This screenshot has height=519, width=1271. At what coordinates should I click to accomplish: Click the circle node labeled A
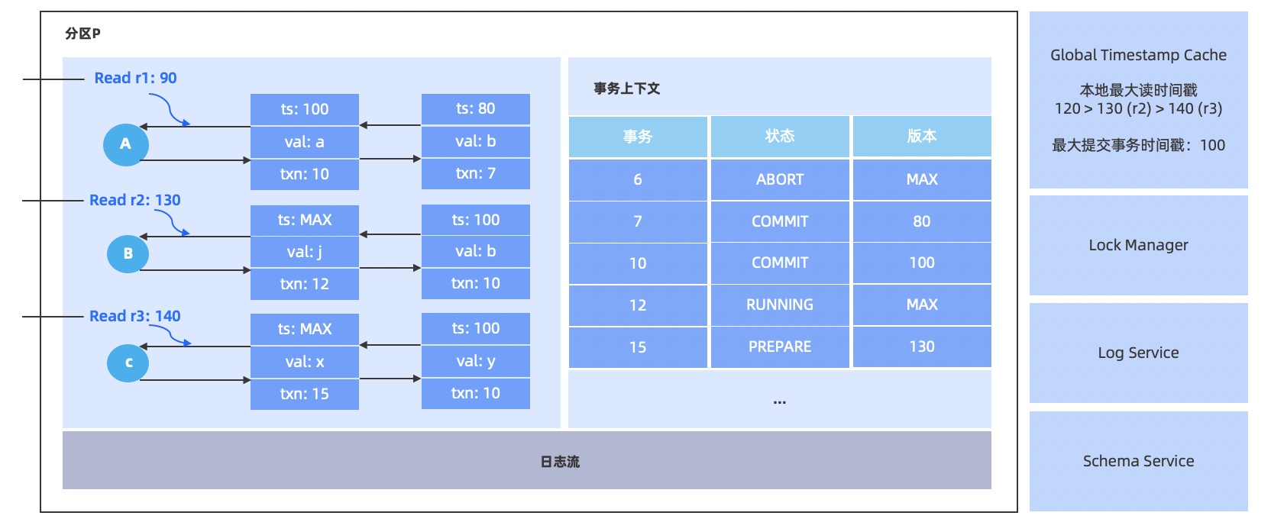[126, 143]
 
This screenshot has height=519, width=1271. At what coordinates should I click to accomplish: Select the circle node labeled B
[128, 253]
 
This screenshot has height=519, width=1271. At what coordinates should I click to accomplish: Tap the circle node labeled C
[128, 363]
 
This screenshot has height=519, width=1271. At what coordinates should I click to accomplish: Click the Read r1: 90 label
[135, 78]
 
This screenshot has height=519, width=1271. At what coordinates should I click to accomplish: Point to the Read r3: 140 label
[134, 316]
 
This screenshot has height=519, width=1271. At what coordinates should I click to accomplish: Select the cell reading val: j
[304, 252]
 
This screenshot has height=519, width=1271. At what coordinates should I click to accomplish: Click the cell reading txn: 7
[475, 174]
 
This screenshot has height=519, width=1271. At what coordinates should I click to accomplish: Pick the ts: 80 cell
[475, 108]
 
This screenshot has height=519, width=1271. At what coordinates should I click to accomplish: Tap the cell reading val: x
[304, 362]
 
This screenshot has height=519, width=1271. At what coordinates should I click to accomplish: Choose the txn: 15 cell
[304, 394]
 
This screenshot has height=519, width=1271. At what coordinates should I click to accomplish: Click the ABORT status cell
[779, 179]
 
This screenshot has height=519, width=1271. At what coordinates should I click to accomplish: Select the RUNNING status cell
[779, 305]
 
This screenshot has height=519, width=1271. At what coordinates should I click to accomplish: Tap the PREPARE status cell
[779, 347]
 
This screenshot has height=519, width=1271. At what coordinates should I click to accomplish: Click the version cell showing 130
[921, 347]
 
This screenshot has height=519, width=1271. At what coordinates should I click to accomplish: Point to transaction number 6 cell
[637, 179]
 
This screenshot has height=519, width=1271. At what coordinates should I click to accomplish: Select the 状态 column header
[779, 136]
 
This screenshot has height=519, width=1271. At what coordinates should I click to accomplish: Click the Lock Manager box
[1138, 245]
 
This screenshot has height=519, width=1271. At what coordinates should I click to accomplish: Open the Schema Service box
[1138, 461]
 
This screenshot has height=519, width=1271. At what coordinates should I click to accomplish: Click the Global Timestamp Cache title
[1138, 55]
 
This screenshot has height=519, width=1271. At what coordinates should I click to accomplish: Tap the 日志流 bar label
[559, 462]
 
